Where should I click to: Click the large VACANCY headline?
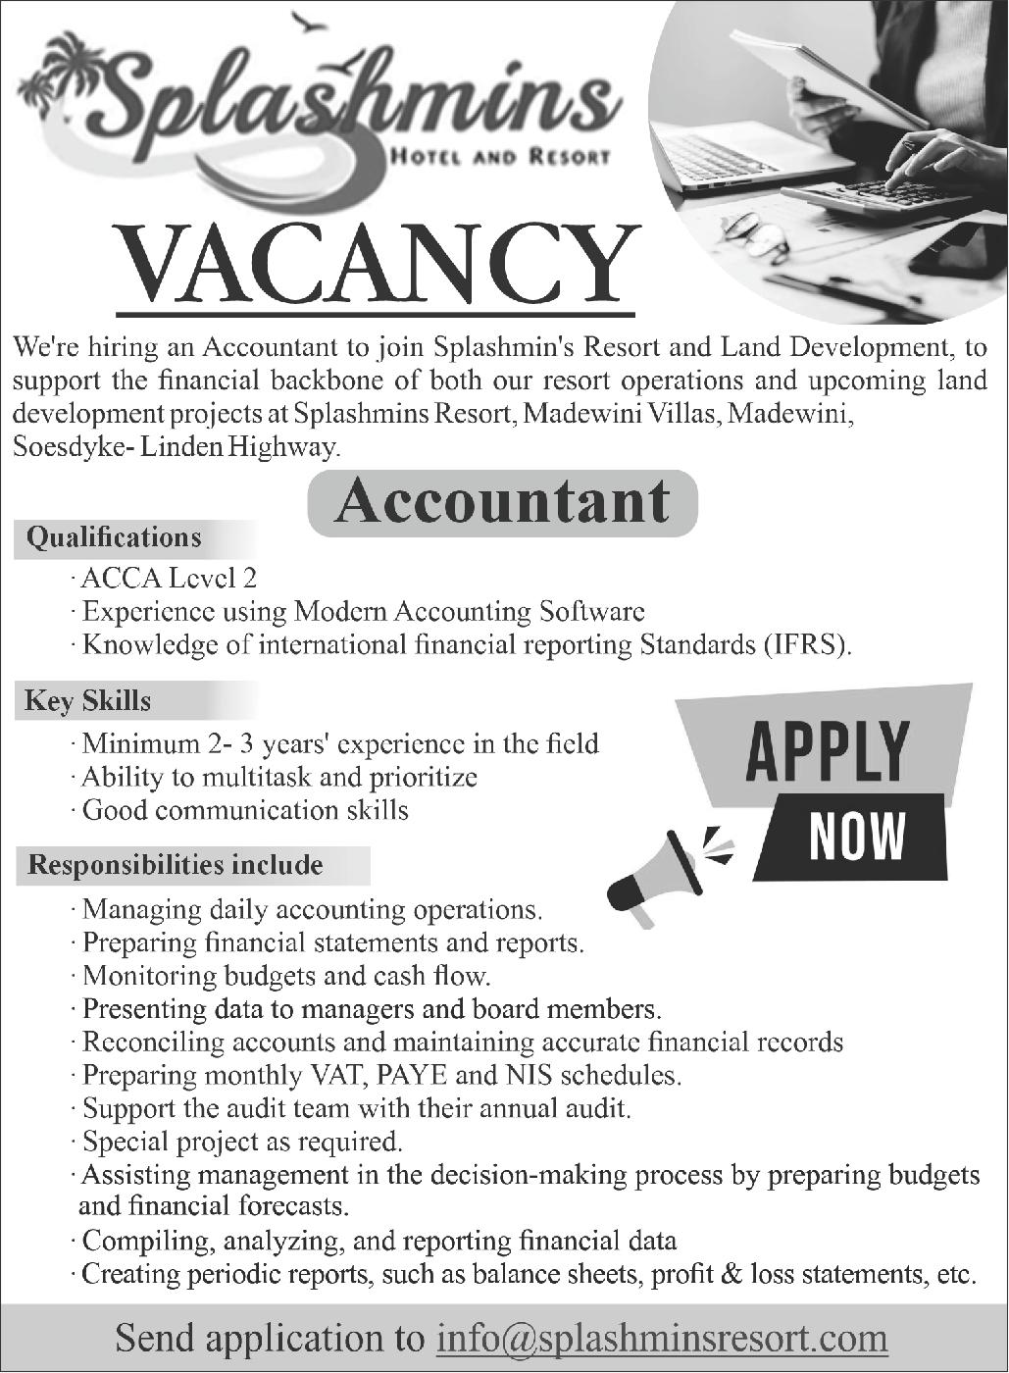pyautogui.click(x=376, y=267)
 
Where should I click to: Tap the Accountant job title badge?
pyautogui.click(x=502, y=502)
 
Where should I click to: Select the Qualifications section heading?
pyautogui.click(x=114, y=537)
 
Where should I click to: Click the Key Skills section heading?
pyautogui.click(x=88, y=701)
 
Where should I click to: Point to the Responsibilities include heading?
pyautogui.click(x=176, y=865)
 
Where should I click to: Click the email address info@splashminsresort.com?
pyautogui.click(x=662, y=1338)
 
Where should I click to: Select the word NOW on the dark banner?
pyautogui.click(x=856, y=837)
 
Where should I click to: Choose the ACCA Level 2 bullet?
pyautogui.click(x=169, y=579)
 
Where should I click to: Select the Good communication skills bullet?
pyautogui.click(x=245, y=810)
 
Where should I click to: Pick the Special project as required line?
pyautogui.click(x=242, y=1142)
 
